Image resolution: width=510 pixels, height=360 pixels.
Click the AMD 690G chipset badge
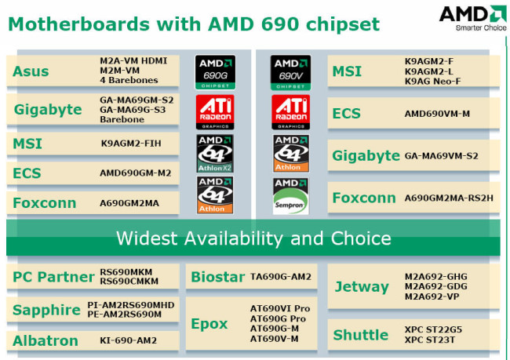(215, 72)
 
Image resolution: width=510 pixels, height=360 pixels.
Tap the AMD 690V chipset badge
(290, 72)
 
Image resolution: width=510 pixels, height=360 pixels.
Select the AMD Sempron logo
(290, 196)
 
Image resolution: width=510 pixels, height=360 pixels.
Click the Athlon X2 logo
(215, 153)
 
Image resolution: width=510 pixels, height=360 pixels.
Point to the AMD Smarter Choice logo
(472, 18)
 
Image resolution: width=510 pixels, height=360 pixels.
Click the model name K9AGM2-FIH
(131, 144)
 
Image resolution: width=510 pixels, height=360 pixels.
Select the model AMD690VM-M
(437, 114)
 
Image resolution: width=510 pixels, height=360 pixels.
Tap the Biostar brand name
(217, 277)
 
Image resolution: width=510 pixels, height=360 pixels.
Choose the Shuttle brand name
(361, 335)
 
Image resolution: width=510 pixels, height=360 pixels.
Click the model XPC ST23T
(430, 340)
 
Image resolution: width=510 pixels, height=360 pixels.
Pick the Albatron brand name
(46, 341)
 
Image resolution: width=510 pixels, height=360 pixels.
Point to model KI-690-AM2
(128, 340)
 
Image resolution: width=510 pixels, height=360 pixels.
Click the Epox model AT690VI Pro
(280, 308)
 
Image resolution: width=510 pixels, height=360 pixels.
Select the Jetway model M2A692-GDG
(435, 286)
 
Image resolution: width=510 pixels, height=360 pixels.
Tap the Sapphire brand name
(46, 310)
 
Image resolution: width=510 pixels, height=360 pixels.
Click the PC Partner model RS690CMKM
(129, 282)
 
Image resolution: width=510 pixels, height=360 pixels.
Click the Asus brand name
(31, 71)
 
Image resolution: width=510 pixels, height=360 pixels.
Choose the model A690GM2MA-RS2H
(449, 198)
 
